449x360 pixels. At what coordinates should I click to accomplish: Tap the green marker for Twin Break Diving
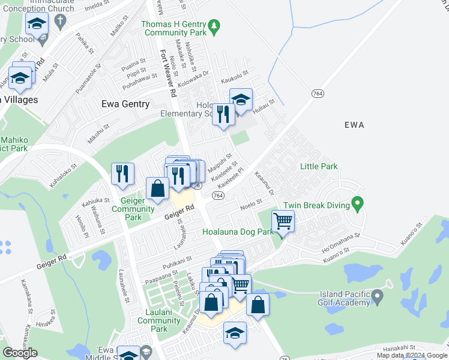click(357, 205)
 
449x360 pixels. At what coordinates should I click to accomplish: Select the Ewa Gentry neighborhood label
click(125, 104)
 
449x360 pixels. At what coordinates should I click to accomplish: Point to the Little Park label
click(319, 166)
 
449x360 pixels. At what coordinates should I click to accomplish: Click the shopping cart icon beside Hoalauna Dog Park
click(283, 221)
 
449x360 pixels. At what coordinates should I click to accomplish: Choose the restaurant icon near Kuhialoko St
click(122, 174)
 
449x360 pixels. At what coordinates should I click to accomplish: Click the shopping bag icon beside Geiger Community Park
click(157, 188)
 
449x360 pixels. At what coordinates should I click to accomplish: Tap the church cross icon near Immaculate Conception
click(59, 22)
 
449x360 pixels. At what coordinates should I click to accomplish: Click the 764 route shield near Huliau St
click(318, 94)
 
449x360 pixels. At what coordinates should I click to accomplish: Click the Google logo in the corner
click(20, 353)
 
